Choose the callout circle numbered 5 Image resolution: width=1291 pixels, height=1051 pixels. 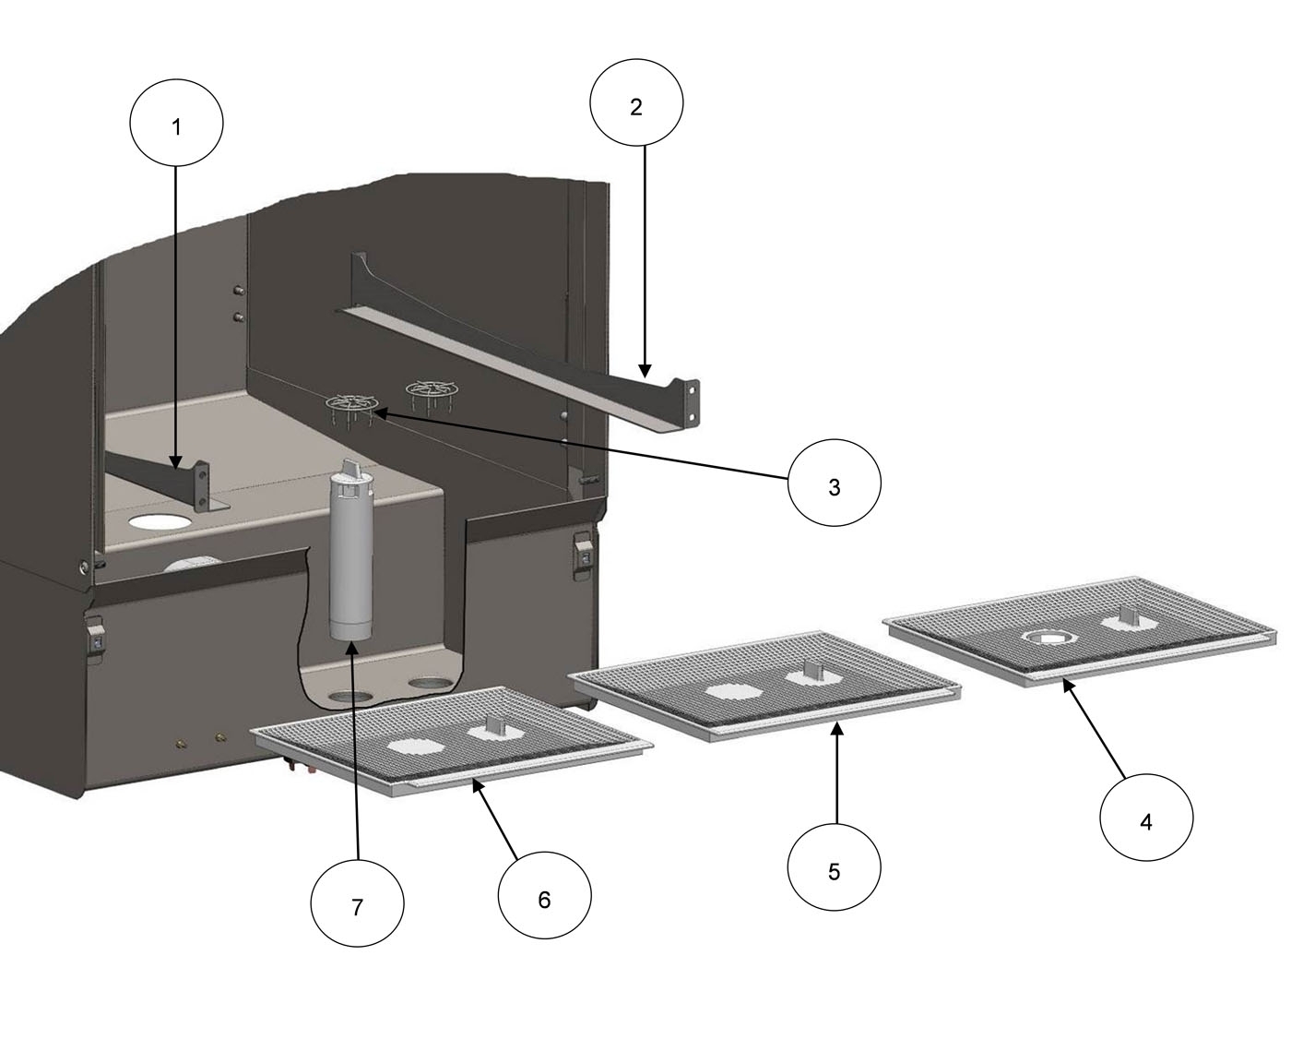(x=835, y=869)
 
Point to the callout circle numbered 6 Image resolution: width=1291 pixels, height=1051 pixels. (x=544, y=897)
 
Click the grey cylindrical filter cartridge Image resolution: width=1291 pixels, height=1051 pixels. (x=350, y=563)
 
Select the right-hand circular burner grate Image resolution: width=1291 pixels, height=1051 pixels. (x=428, y=388)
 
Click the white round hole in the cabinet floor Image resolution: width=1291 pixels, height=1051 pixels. (x=160, y=521)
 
